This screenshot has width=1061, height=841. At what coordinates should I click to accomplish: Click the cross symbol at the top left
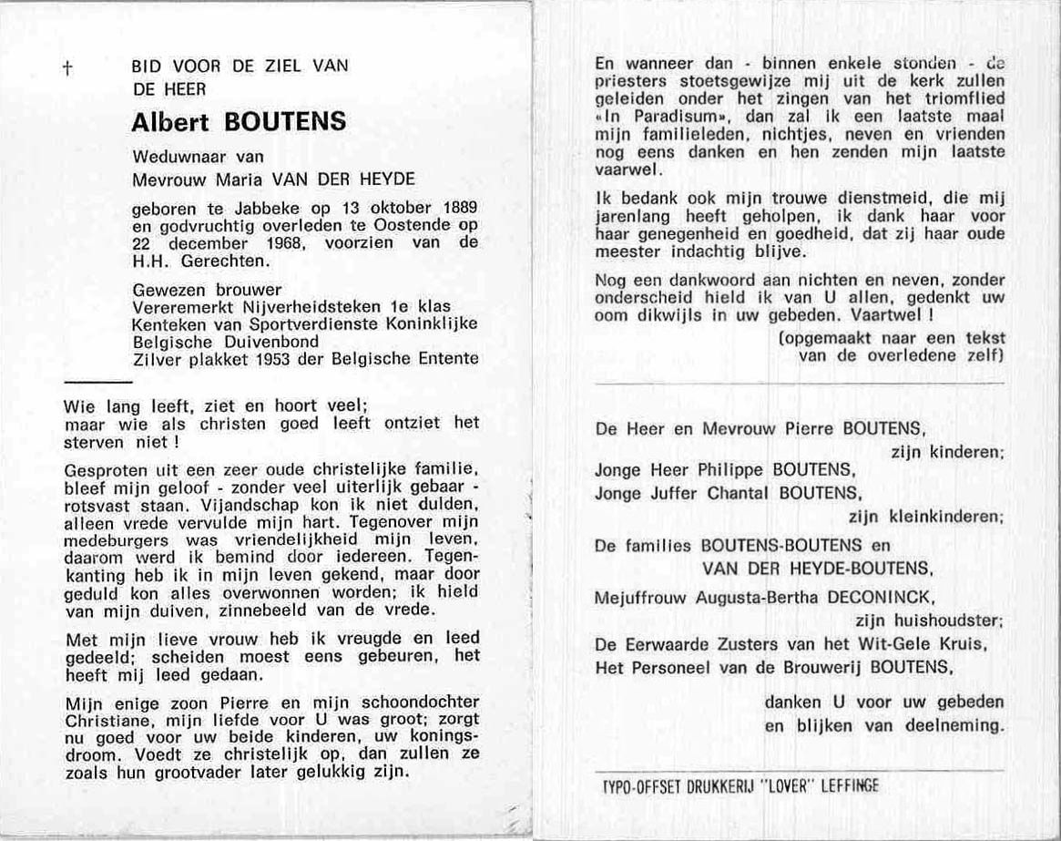[x=66, y=68]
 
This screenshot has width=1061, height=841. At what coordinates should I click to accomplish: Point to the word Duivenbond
[x=273, y=342]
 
